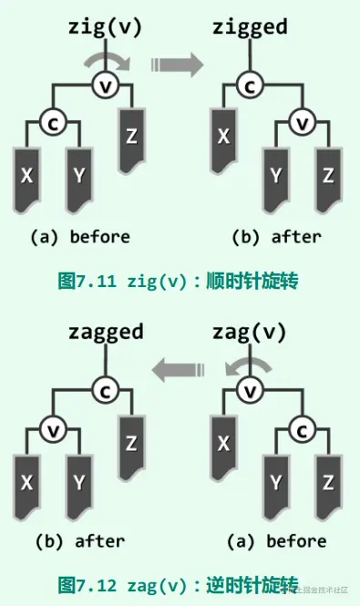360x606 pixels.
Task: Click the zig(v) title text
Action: coord(106,26)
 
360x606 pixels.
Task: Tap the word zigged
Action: coord(250,26)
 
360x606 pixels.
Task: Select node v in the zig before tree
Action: coord(107,85)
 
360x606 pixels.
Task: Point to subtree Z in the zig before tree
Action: coord(132,137)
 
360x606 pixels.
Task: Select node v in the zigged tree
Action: coord(303,120)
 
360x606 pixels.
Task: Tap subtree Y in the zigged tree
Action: coord(275,172)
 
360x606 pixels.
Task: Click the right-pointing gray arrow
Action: coord(177,63)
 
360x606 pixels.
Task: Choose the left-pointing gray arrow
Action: coord(178,368)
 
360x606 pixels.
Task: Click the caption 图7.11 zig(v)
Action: coord(179,281)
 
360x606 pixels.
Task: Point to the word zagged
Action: coord(106,331)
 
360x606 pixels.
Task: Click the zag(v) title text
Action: coord(249,331)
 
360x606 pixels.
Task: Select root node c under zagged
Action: coord(107,390)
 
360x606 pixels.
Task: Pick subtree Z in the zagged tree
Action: coord(132,443)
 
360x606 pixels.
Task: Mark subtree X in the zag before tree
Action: coord(221,443)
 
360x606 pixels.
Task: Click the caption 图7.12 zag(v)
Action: coord(179,584)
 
